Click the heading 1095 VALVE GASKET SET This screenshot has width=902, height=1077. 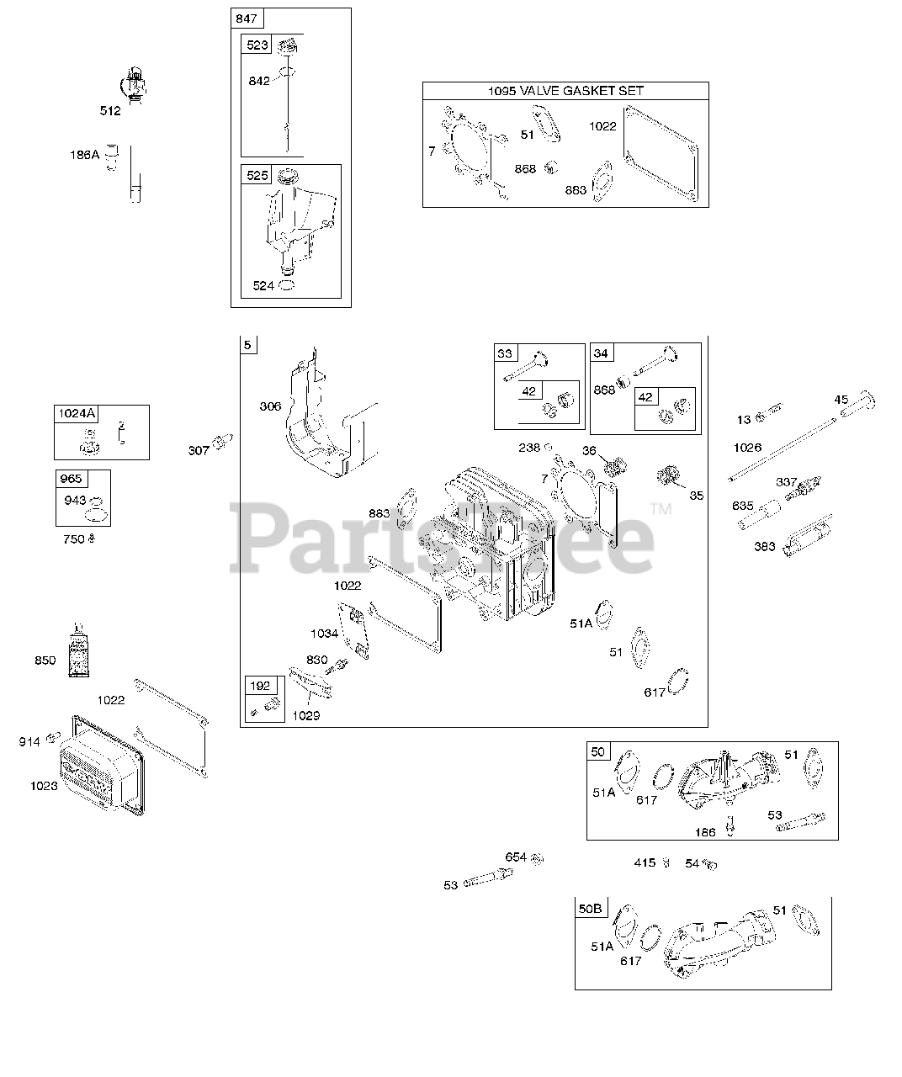565,91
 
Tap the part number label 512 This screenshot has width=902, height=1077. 110,110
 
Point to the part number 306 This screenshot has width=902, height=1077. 270,406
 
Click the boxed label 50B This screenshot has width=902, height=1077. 591,909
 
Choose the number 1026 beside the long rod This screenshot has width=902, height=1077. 746,447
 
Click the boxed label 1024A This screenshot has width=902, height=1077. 77,413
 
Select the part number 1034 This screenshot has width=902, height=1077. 324,633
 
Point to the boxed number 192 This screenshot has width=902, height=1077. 260,686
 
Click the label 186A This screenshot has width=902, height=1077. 84,155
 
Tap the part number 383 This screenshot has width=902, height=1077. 764,547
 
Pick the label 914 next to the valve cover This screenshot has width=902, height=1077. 29,741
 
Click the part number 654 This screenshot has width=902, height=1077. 516,857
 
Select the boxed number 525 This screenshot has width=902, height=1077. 257,175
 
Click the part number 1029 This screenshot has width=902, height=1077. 306,715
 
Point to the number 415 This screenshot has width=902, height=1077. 645,862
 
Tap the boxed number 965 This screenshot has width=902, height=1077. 72,479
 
